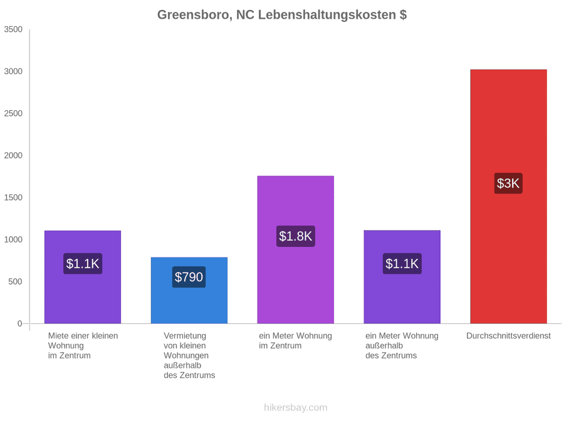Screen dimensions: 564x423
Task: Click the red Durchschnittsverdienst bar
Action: pyautogui.click(x=508, y=196)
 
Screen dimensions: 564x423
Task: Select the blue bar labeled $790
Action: pyautogui.click(x=189, y=290)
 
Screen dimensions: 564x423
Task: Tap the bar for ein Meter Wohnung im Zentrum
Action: pyautogui.click(x=295, y=249)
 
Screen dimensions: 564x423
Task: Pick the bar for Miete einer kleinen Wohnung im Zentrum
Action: pyautogui.click(x=82, y=277)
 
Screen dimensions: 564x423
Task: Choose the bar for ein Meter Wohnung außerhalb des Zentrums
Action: pyautogui.click(x=402, y=276)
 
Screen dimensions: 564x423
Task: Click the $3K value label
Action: pyautogui.click(x=508, y=184)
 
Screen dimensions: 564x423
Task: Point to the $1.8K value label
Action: pyautogui.click(x=295, y=236)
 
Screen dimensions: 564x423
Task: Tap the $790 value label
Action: pyautogui.click(x=189, y=277)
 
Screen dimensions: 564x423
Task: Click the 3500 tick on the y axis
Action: pyautogui.click(x=13, y=29)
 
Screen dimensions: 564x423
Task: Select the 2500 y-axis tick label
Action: pyautogui.click(x=13, y=113)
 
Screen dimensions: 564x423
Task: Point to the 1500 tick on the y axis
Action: pyautogui.click(x=13, y=197)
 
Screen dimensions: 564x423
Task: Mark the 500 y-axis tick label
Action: pyautogui.click(x=16, y=281)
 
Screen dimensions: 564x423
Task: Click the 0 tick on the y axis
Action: pyautogui.click(x=20, y=324)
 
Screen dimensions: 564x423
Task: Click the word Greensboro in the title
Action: pyautogui.click(x=195, y=15)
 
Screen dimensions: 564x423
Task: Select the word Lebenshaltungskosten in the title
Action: pyautogui.click(x=326, y=15)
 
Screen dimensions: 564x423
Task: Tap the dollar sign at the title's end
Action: pyautogui.click(x=403, y=15)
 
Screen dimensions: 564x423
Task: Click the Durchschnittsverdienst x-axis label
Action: pyautogui.click(x=508, y=336)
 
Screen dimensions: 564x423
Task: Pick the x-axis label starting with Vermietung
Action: pyautogui.click(x=189, y=355)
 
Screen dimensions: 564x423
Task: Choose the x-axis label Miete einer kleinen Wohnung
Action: pyautogui.click(x=83, y=346)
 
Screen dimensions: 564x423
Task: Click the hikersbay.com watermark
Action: pyautogui.click(x=296, y=407)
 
